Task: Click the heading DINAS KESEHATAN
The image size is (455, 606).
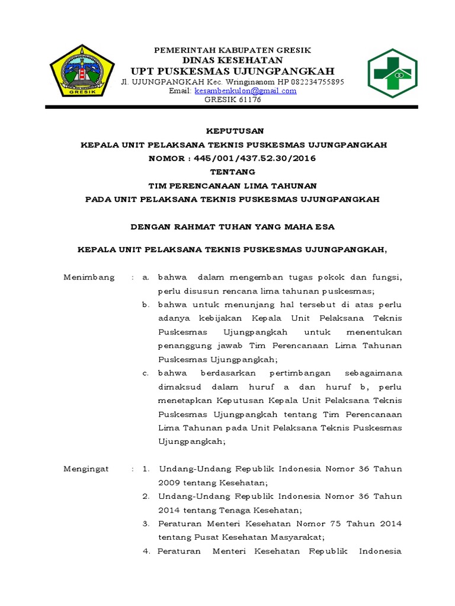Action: click(232, 60)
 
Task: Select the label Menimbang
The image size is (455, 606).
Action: click(89, 278)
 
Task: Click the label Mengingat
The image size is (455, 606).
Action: click(86, 469)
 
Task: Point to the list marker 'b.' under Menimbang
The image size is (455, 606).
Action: click(145, 305)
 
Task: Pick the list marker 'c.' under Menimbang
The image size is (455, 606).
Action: click(145, 373)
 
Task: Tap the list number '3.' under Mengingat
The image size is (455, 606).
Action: click(146, 524)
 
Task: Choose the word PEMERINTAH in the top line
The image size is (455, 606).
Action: click(178, 50)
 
